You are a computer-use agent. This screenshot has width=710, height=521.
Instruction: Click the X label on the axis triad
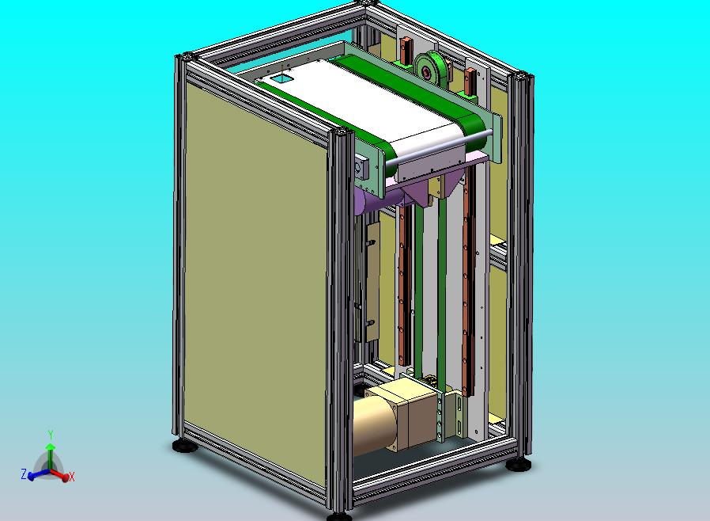[71, 477]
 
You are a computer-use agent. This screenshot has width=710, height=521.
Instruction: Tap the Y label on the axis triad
[51, 435]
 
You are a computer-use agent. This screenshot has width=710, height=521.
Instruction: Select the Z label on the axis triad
[24, 474]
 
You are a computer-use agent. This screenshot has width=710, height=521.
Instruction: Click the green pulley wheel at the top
[429, 70]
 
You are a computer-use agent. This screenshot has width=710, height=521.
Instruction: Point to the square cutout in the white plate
[281, 78]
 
